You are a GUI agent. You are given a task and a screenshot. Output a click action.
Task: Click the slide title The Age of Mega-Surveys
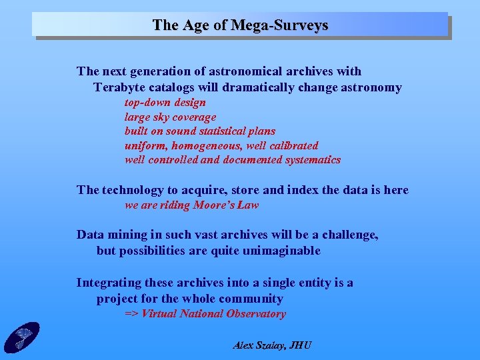[240, 25]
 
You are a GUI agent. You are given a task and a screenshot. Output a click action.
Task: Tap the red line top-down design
[165, 103]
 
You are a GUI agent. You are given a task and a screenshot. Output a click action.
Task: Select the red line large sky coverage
[170, 117]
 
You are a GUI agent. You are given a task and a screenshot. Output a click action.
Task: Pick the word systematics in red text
[313, 160]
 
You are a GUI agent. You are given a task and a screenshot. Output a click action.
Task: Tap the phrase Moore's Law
[226, 205]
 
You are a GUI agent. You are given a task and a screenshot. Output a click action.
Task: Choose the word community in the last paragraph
[252, 299]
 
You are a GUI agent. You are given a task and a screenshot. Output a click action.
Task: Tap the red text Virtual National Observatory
[213, 314]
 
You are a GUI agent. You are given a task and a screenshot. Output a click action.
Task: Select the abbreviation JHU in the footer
[299, 345]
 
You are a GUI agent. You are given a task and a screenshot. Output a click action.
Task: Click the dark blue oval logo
[21, 337]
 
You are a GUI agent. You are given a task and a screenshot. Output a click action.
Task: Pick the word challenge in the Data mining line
[349, 235]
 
